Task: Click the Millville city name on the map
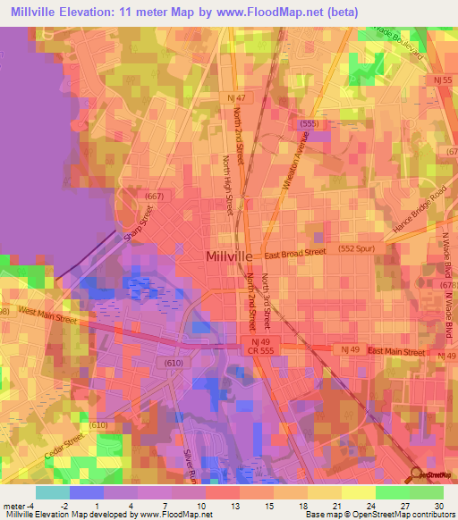click(x=233, y=256)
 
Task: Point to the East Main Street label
click(x=394, y=352)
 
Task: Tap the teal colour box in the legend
click(x=52, y=492)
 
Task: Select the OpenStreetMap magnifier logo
click(x=416, y=474)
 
